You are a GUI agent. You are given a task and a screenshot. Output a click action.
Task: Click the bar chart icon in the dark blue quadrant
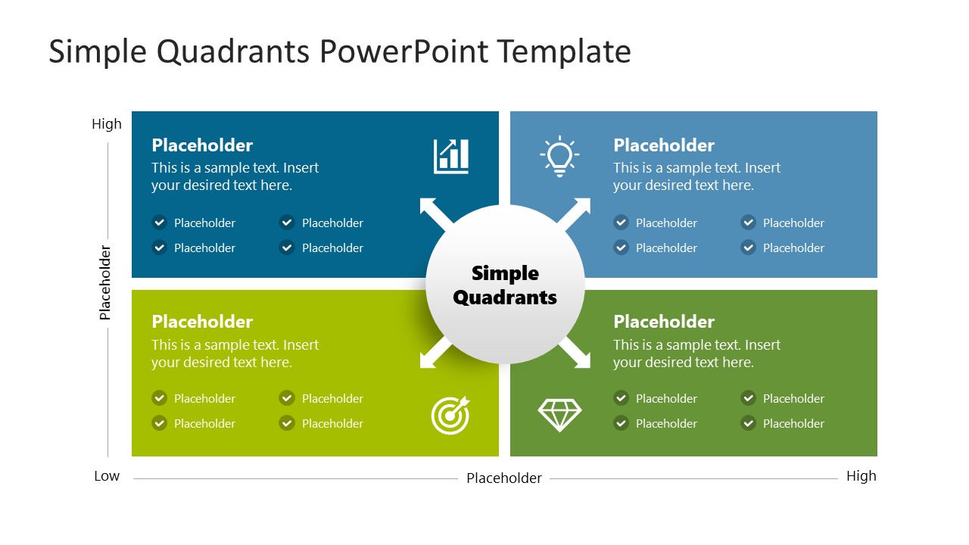point(451,156)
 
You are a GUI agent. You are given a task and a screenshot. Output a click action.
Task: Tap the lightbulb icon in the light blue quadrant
point(559,157)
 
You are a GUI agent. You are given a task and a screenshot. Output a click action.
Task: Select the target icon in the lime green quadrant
point(450,415)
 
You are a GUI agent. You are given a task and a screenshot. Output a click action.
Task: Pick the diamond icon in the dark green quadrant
point(559,415)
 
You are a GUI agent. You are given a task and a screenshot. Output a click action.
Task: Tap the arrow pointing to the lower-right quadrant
point(576,354)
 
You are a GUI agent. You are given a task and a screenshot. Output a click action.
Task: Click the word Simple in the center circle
point(505,273)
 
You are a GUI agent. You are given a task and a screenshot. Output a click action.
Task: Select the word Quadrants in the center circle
point(505,297)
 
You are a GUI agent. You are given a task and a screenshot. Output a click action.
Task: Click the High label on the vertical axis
point(107,124)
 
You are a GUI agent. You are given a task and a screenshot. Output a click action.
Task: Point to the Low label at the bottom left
point(107,476)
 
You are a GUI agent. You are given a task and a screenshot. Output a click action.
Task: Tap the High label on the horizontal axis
point(861,476)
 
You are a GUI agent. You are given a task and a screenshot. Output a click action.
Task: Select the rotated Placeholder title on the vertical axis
point(105,282)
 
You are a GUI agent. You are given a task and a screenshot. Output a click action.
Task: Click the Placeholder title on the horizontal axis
point(504,478)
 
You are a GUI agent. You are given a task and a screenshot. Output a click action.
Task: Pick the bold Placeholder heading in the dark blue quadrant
point(202,145)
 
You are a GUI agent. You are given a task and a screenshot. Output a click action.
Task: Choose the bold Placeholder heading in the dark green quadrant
point(664,322)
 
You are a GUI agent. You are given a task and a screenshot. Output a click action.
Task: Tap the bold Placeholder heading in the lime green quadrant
point(202,322)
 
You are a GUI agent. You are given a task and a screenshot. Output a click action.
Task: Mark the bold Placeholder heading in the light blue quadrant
point(664,145)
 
